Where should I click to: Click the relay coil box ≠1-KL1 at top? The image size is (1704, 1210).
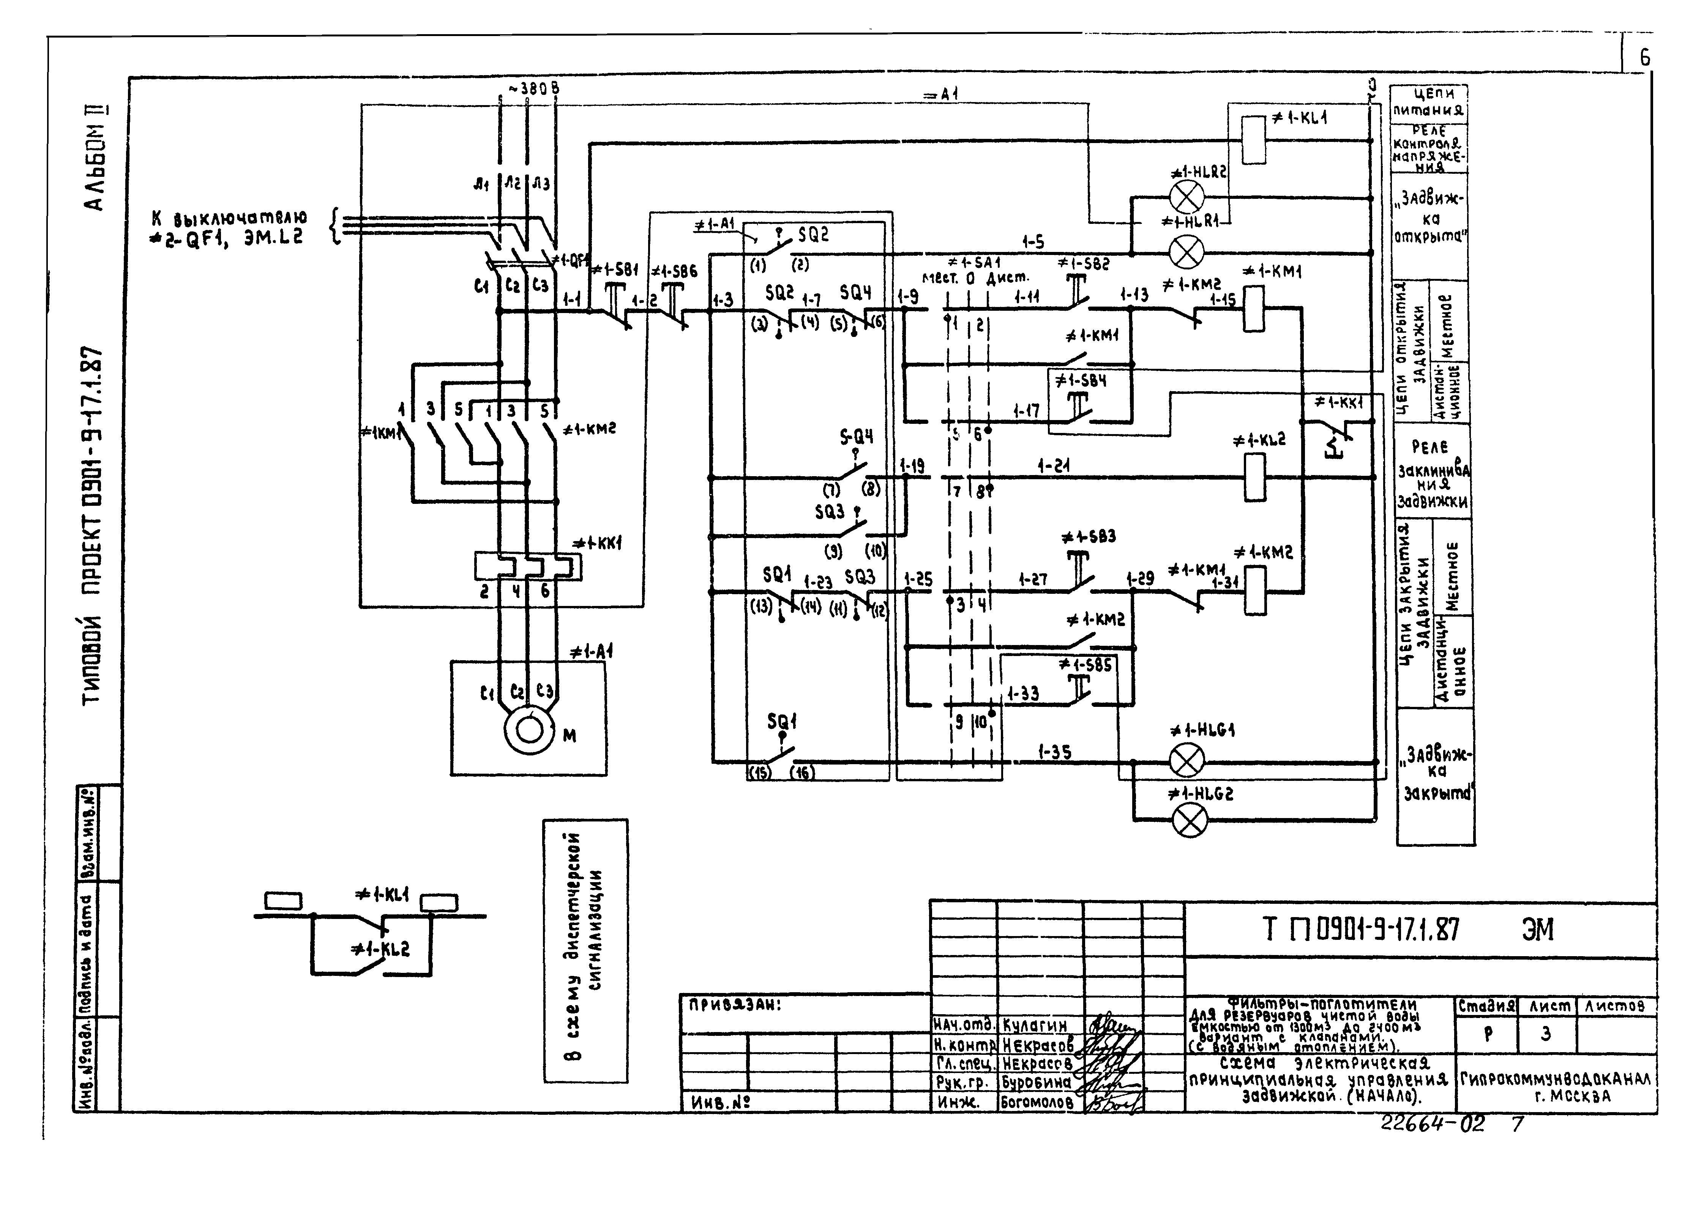(x=1254, y=139)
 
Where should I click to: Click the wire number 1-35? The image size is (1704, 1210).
(x=1055, y=752)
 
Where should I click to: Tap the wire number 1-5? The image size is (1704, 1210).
(x=1033, y=241)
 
